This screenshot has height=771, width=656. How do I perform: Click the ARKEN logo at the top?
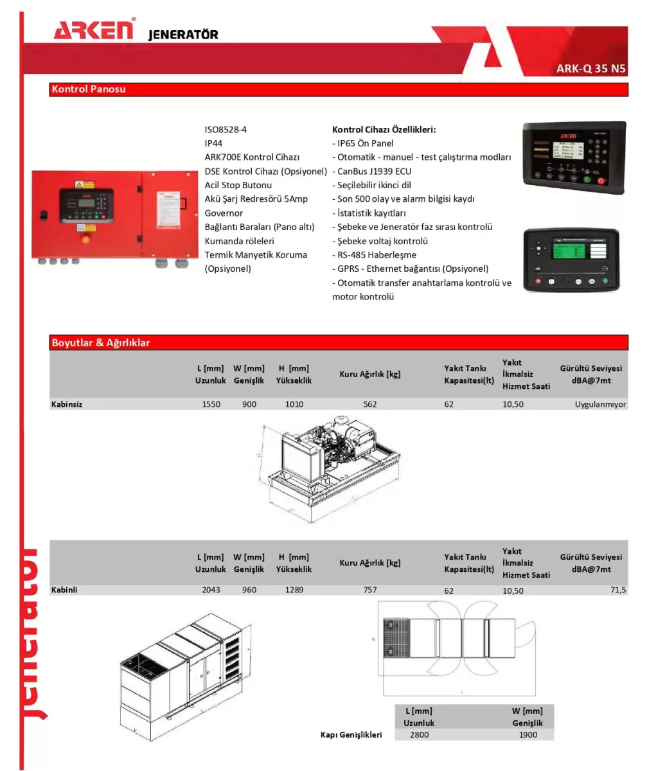(94, 30)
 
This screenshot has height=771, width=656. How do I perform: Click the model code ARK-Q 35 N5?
(590, 69)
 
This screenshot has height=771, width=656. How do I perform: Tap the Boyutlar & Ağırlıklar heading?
(101, 342)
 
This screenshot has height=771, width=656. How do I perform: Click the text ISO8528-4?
(226, 129)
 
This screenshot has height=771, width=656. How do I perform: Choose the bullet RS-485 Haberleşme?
(376, 254)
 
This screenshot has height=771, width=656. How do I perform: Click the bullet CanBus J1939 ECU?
(374, 171)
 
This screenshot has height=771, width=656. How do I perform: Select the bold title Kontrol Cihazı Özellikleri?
(384, 129)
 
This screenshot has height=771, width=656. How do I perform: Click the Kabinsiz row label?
(67, 404)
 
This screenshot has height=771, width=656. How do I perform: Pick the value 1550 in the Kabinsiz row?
(211, 404)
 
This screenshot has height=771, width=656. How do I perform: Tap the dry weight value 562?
(369, 404)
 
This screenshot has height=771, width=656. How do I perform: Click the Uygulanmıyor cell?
(600, 404)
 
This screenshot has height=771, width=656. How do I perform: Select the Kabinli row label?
(64, 589)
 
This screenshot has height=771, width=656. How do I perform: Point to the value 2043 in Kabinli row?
(211, 589)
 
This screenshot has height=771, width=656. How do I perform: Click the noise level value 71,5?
(617, 589)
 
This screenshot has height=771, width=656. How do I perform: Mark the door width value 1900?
(527, 734)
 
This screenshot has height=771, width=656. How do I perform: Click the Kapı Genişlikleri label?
(351, 734)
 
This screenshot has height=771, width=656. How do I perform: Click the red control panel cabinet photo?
(114, 215)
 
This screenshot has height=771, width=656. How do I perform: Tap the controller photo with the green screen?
(571, 260)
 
